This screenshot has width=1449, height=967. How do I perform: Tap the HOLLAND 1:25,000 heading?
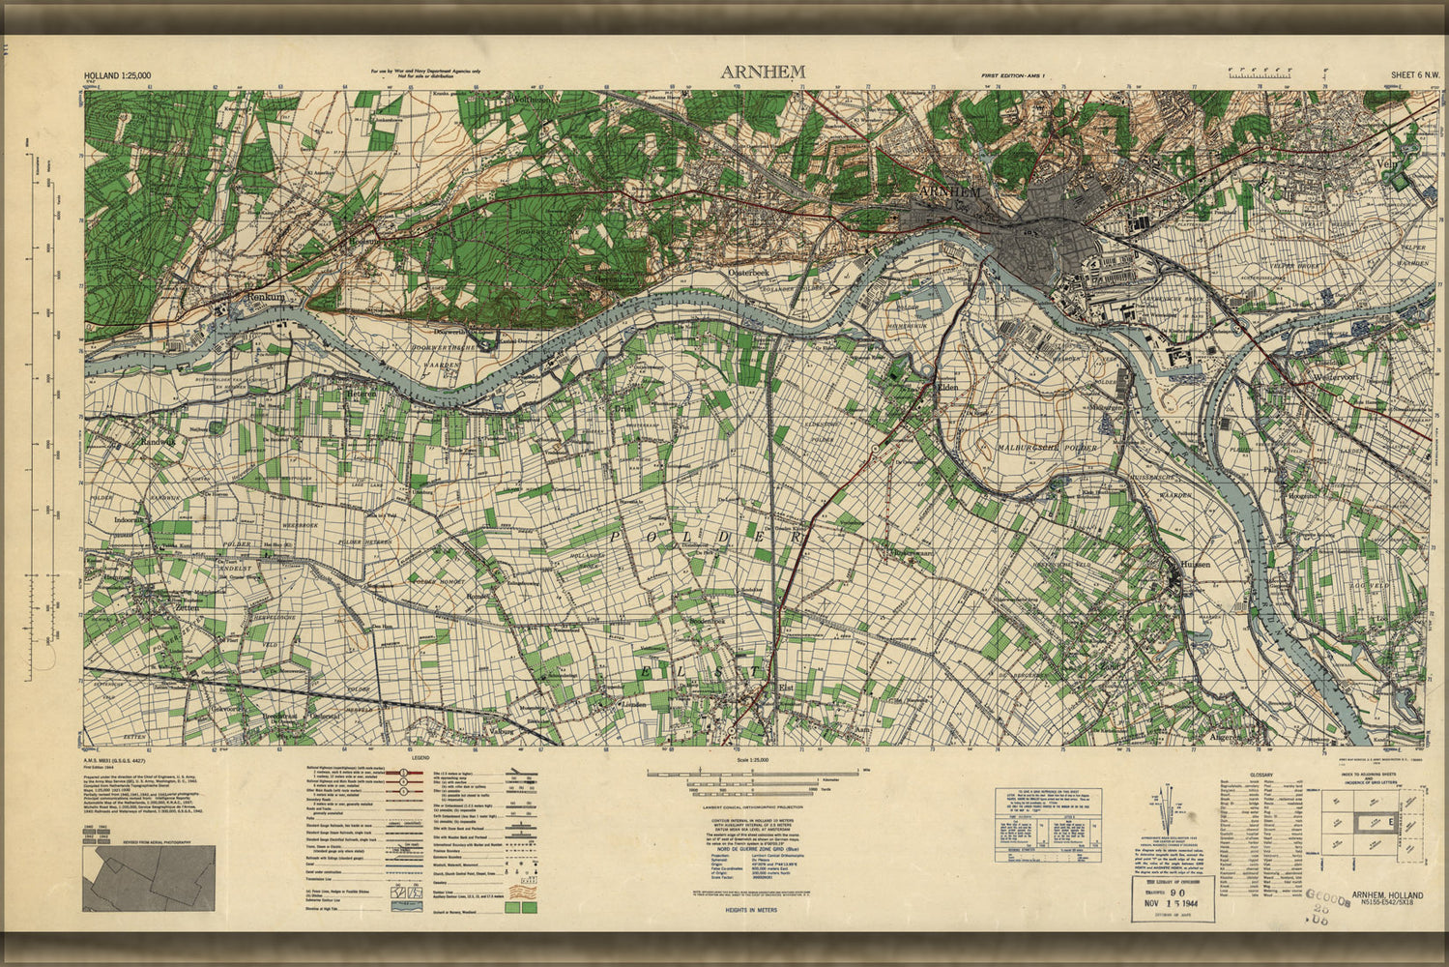117,75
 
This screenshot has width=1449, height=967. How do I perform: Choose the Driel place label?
624,409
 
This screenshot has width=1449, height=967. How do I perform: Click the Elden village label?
948,385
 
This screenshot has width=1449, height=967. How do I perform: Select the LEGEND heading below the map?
420,758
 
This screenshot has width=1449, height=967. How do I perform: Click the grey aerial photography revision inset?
148,878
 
